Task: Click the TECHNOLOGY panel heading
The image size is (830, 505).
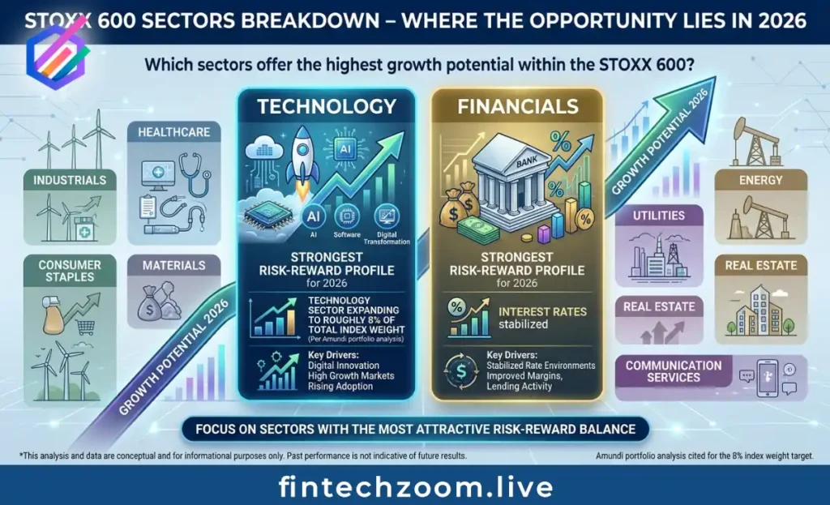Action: (327, 106)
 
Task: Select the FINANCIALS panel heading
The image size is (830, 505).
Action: (518, 106)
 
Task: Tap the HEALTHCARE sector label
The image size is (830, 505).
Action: (174, 132)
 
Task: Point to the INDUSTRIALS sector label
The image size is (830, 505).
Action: (70, 181)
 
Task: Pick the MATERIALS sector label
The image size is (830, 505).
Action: (173, 265)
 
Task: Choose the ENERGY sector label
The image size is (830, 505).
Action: (760, 181)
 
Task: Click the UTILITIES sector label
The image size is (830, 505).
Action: (659, 216)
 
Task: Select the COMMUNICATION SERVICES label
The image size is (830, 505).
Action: (674, 371)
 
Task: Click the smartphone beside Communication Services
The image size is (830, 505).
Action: (768, 378)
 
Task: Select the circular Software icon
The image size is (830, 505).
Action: (347, 216)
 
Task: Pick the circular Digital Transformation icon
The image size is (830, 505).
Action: (387, 216)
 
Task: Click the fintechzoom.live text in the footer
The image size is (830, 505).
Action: (416, 486)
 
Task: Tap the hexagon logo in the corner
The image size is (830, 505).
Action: (56, 57)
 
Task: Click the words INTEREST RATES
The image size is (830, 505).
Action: (542, 312)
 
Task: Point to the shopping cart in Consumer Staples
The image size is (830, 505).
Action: (86, 327)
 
